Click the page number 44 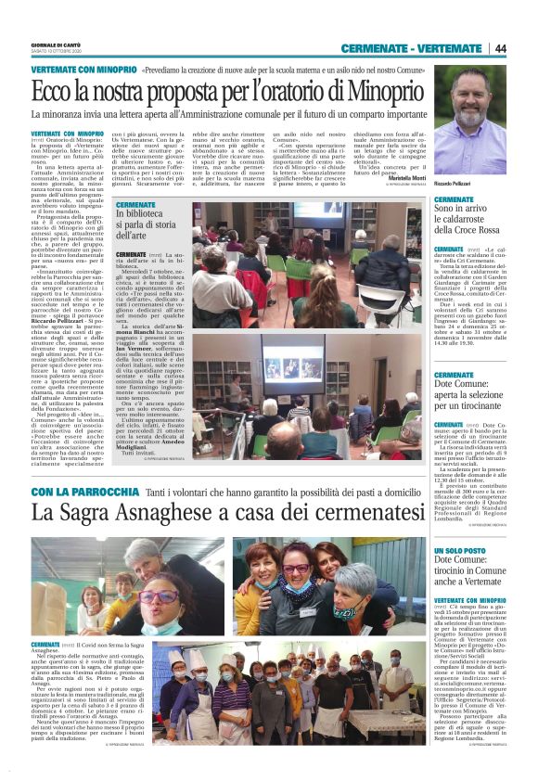pos(499,48)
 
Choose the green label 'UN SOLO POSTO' pos(459,551)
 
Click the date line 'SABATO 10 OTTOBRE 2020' pos(58,52)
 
